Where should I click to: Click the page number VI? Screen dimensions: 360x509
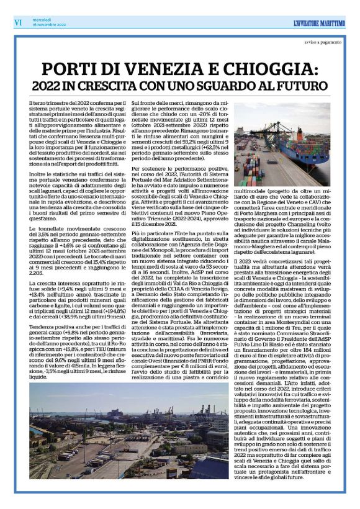coord(18,22)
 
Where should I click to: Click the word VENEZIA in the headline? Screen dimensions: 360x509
coord(154,68)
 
